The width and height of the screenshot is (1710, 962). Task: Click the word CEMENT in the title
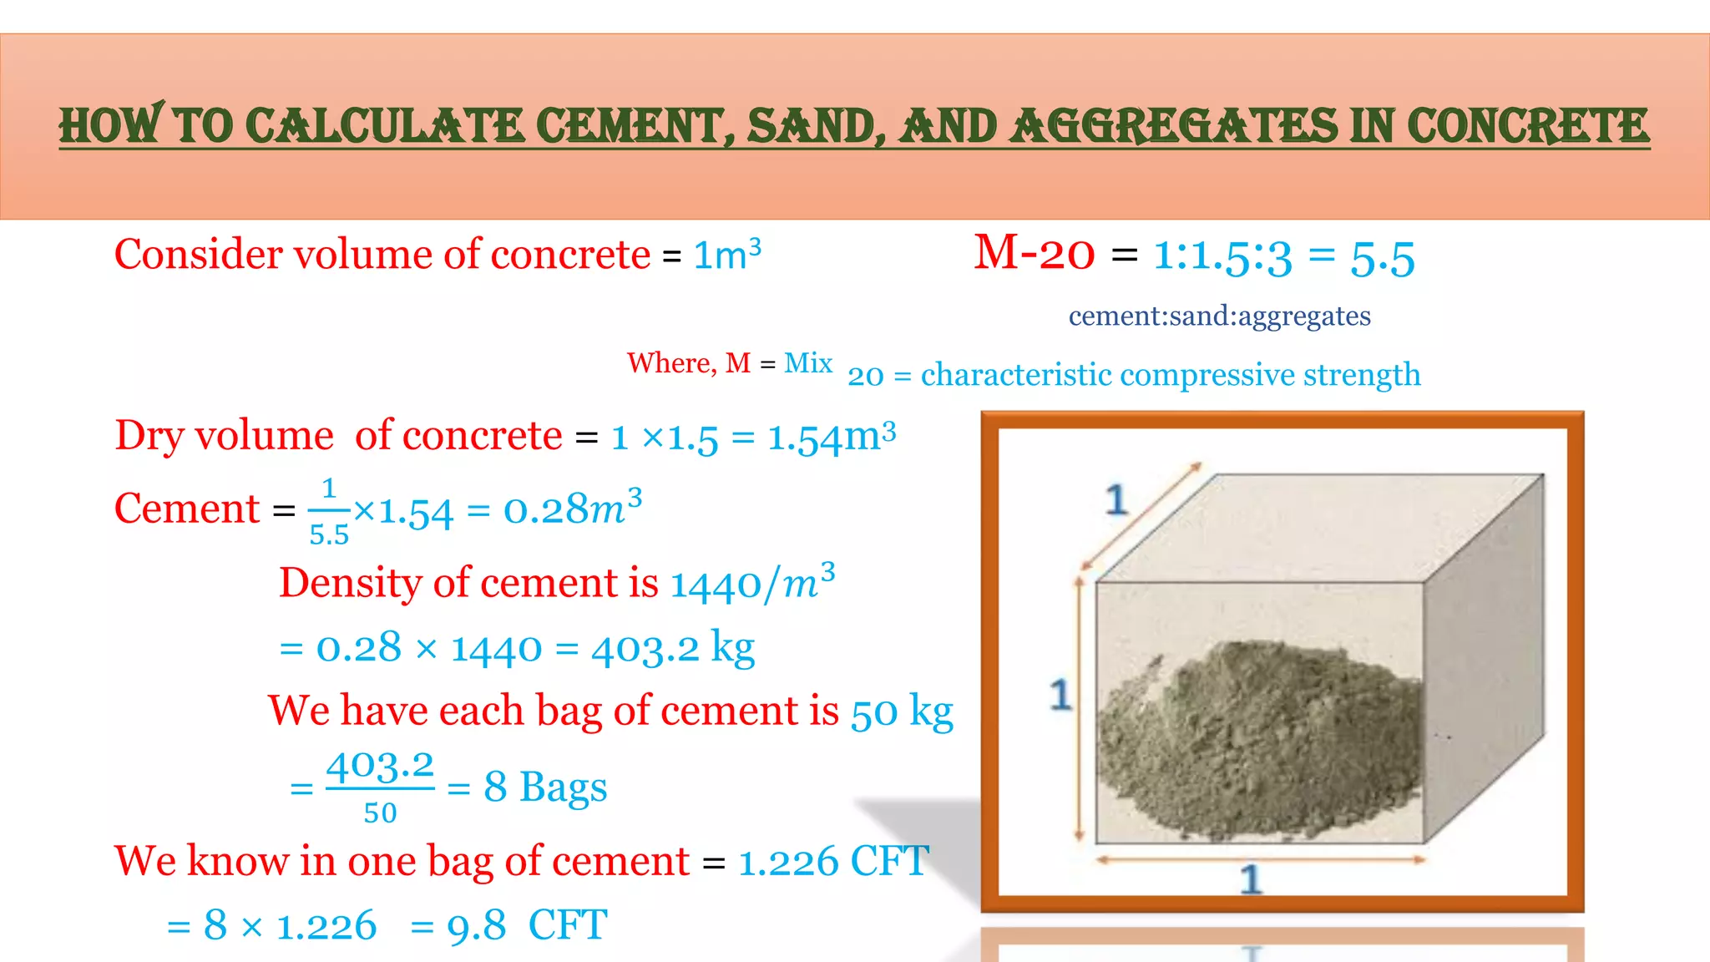click(x=636, y=126)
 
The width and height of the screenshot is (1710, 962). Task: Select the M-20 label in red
click(x=1034, y=253)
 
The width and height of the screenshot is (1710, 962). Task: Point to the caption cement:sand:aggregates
click(x=1219, y=316)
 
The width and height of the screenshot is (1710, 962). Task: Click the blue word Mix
click(x=808, y=363)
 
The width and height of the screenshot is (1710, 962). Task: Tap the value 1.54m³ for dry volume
click(x=832, y=437)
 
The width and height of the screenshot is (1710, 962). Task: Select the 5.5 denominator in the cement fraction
click(x=329, y=534)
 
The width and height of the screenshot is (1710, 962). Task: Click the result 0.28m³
click(x=573, y=509)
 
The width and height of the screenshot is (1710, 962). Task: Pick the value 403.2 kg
click(x=673, y=648)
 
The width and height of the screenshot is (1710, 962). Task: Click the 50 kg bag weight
click(x=902, y=712)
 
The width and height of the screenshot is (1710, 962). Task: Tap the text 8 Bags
click(x=545, y=787)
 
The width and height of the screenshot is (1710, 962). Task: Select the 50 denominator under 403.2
click(x=380, y=813)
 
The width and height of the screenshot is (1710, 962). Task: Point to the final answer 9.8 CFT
click(x=527, y=926)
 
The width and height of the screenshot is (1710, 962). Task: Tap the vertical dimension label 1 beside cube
click(x=1060, y=695)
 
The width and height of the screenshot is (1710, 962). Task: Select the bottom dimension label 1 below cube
click(x=1250, y=879)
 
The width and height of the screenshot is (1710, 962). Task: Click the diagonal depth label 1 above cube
click(x=1116, y=500)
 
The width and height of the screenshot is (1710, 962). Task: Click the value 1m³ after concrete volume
click(x=727, y=255)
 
